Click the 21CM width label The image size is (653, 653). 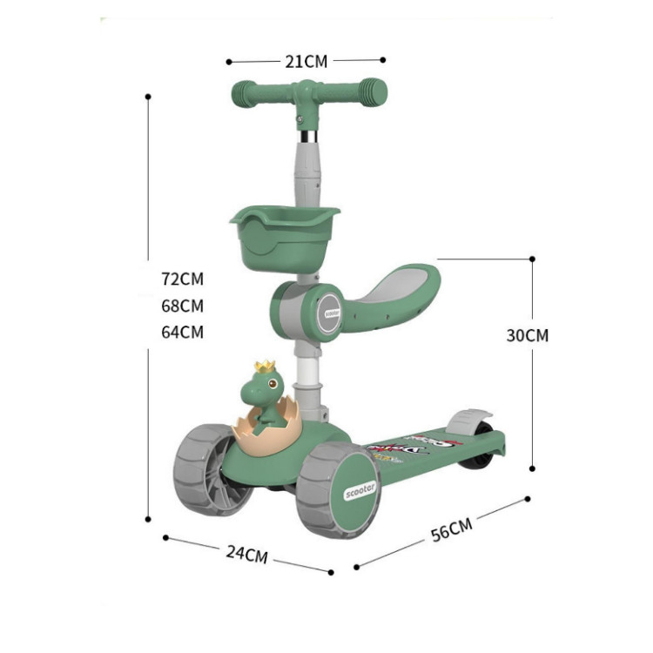click(x=306, y=61)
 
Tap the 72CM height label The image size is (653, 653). click(x=182, y=279)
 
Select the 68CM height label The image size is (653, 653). click(x=182, y=306)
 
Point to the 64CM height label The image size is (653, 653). click(x=182, y=332)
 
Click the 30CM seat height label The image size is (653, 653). click(x=528, y=335)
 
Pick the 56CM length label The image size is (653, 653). click(x=451, y=530)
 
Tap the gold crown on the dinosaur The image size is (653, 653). click(x=265, y=367)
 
